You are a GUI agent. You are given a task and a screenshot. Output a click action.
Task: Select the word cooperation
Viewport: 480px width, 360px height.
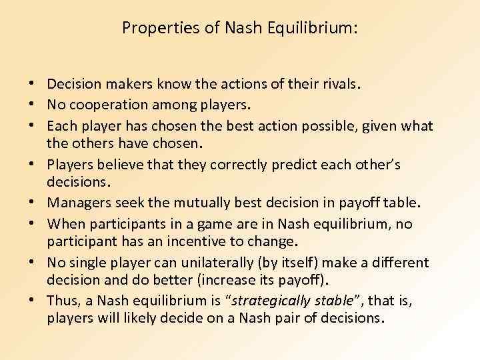click(x=103, y=105)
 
